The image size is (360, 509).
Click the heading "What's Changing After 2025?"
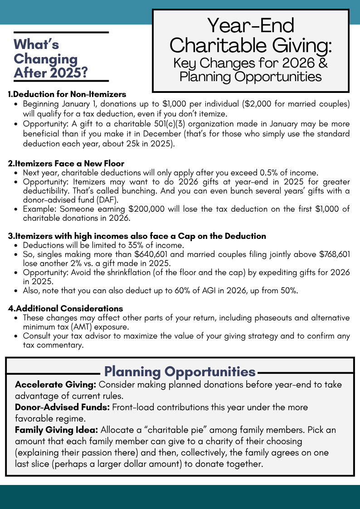pos(51,58)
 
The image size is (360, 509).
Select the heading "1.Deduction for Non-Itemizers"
pos(67,94)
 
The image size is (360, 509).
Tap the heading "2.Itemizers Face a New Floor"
pos(66,163)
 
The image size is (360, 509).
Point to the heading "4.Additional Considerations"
pos(65,309)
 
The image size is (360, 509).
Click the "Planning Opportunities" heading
pos(180,372)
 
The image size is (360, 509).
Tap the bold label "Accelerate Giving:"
pos(55,384)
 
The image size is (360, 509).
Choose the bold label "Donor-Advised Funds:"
pos(62,407)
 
